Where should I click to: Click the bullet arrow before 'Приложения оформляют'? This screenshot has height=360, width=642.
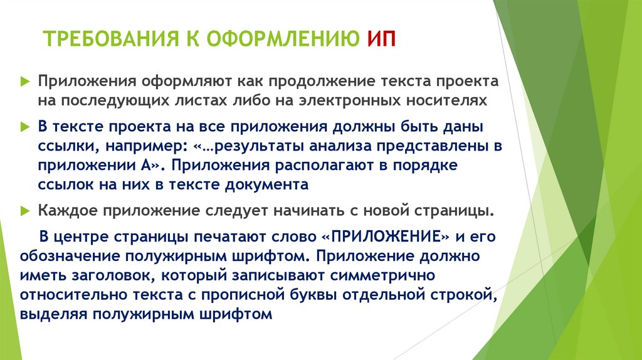(24, 82)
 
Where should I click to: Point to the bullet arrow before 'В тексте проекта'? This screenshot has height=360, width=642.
(24, 127)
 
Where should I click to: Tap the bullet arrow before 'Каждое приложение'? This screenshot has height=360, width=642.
(24, 211)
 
